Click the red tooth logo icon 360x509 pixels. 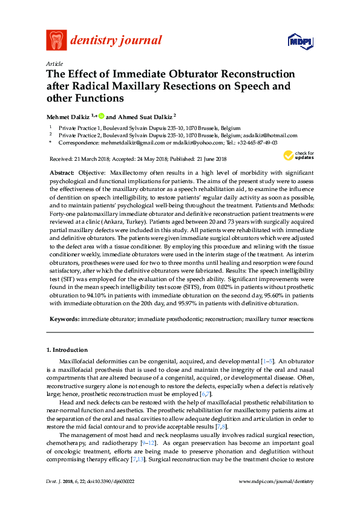tap(56, 41)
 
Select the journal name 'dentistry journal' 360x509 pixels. tap(116, 41)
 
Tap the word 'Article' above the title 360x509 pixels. tap(54, 63)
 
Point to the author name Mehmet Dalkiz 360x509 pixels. tap(68, 115)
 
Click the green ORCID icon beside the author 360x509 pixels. tap(102, 115)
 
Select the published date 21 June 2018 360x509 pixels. tap(206, 159)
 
